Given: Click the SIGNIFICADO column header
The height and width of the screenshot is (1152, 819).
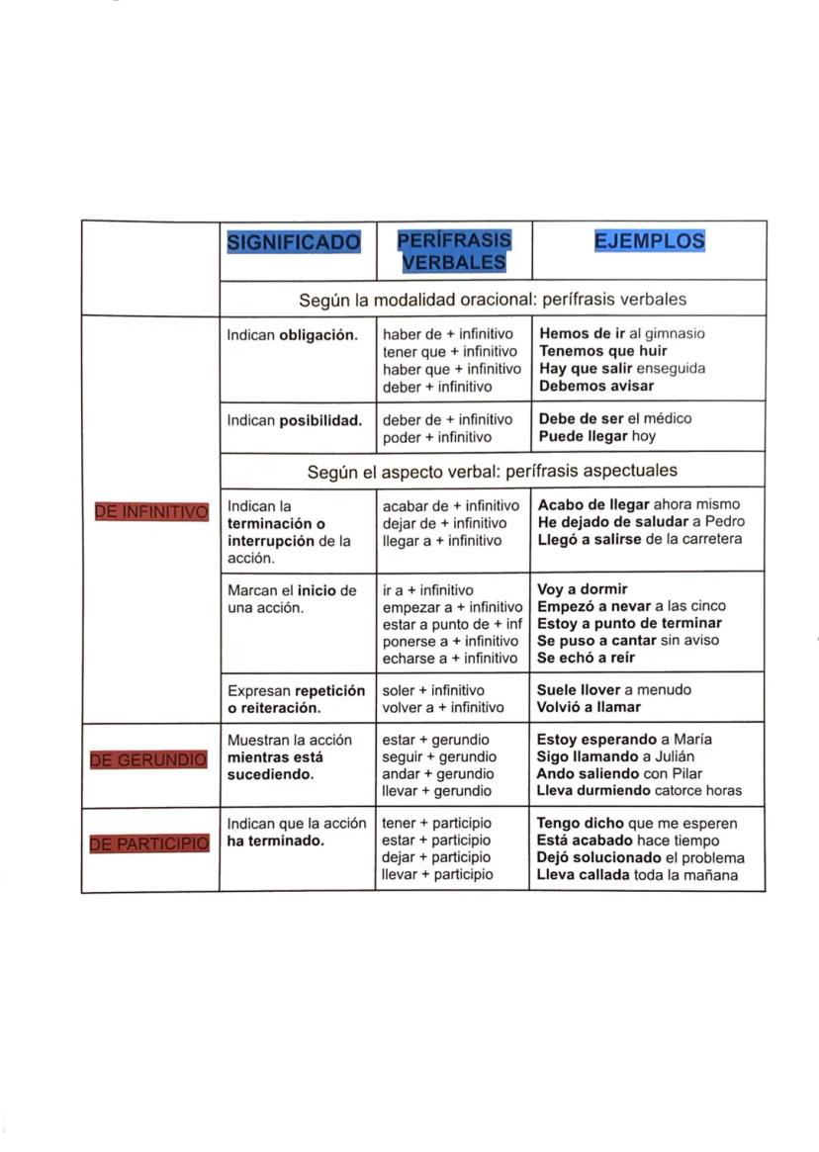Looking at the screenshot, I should point(294,241).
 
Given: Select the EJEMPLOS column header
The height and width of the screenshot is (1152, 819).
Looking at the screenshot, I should point(649,241).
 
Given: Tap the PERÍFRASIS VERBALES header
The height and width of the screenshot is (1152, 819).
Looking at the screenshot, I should point(454,251).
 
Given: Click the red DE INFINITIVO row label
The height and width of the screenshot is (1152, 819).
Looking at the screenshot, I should point(151,511).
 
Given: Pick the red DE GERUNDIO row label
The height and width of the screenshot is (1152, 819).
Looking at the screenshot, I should point(148,759).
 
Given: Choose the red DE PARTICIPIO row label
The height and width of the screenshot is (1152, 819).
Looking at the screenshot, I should point(149,843).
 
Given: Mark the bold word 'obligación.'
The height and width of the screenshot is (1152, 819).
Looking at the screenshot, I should point(318,334).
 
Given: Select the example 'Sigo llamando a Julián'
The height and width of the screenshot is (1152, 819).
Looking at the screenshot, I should point(616,756).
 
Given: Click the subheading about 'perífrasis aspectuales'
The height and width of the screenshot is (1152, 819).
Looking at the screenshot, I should point(493,472).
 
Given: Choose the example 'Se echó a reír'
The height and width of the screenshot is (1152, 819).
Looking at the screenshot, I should point(586,658).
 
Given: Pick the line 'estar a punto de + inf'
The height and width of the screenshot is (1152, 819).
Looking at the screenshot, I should point(452,624).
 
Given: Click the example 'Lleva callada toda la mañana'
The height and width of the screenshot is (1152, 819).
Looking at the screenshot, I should point(637,875).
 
